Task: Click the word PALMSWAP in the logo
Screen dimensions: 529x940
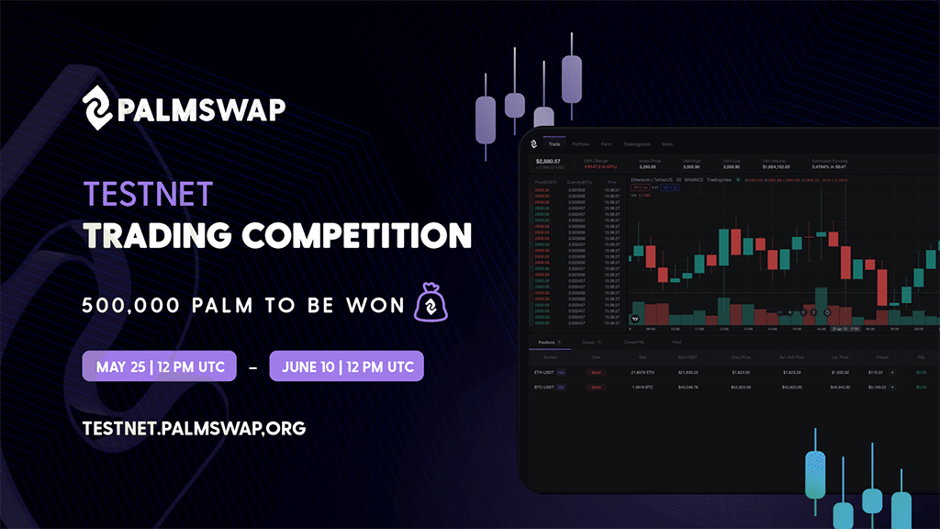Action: pos(201,108)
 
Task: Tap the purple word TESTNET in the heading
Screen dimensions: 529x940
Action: pos(148,194)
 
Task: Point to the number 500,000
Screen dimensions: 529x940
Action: pos(126,305)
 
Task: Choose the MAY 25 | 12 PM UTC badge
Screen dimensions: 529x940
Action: pos(159,366)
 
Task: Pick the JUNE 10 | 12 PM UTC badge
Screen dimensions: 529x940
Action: pos(346,366)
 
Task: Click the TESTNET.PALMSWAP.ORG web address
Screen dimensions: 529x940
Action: pos(193,428)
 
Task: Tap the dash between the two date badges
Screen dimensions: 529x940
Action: pos(252,366)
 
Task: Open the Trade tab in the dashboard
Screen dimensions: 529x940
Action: pos(554,144)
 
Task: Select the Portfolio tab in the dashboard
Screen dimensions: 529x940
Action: pos(580,144)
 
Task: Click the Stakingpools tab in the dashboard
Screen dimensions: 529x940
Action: pos(637,144)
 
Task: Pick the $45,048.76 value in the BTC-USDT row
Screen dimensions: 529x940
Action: pos(688,388)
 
